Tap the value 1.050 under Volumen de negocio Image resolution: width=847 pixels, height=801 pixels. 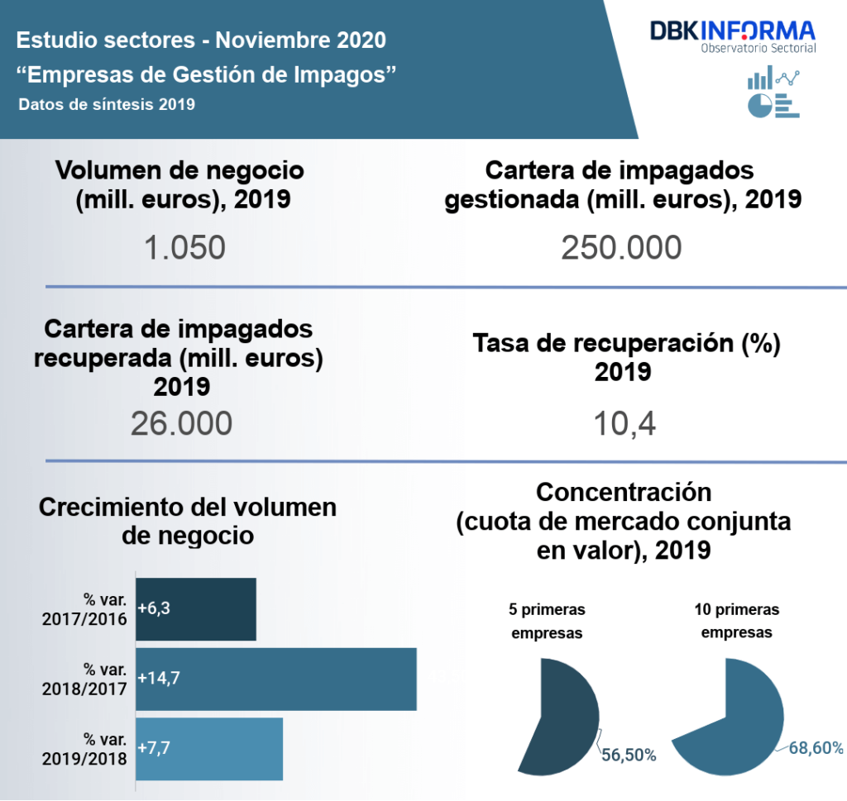tap(184, 247)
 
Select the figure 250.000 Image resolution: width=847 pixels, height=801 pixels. tap(621, 247)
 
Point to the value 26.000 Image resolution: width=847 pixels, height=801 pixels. tap(181, 423)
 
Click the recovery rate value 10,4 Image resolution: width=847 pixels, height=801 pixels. tap(624, 423)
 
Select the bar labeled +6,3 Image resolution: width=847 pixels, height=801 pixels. tap(196, 609)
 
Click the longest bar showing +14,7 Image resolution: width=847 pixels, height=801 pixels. tap(275, 679)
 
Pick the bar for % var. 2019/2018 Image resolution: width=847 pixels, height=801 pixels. tap(209, 749)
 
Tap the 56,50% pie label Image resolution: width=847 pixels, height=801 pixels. tap(629, 755)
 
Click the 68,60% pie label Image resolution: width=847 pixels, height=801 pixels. tap(816, 748)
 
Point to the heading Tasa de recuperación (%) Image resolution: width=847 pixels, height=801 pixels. tap(626, 344)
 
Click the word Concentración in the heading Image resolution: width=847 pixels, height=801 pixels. tap(624, 492)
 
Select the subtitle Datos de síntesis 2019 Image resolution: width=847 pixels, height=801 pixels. tap(106, 104)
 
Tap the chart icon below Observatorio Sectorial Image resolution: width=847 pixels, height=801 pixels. tap(773, 92)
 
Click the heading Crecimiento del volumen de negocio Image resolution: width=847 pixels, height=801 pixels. tap(188, 520)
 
